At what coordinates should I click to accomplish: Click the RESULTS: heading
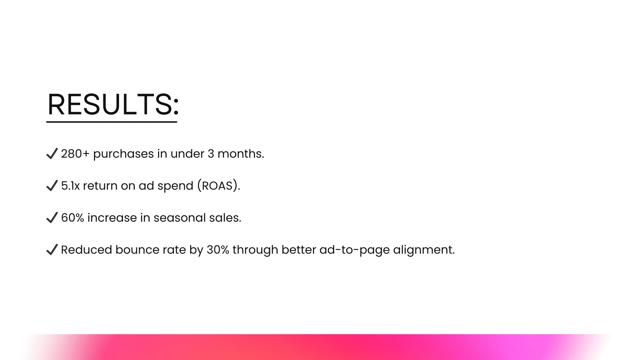click(x=113, y=104)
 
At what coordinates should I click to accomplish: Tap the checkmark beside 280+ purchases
click(x=52, y=154)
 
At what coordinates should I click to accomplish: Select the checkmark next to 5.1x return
click(x=52, y=186)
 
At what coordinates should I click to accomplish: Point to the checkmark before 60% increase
click(x=52, y=218)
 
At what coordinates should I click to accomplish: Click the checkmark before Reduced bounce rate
click(x=52, y=250)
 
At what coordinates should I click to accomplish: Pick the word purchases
click(x=123, y=154)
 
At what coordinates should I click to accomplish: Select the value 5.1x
click(x=70, y=186)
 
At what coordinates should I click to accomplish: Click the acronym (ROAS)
click(x=219, y=186)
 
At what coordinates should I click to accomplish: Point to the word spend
click(x=175, y=186)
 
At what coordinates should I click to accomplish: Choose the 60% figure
click(x=73, y=218)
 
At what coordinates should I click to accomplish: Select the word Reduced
click(x=87, y=250)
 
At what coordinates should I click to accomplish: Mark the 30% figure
click(x=218, y=250)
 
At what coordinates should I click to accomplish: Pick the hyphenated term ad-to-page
click(x=355, y=251)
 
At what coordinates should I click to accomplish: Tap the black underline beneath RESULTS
click(x=112, y=122)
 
